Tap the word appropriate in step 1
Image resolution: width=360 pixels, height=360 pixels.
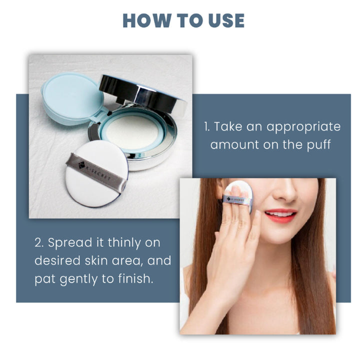(x=303, y=127)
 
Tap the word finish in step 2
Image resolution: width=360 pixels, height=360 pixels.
(x=135, y=278)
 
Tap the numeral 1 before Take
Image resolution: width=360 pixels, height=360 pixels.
(x=206, y=126)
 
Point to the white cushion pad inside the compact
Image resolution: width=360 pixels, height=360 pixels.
(x=132, y=132)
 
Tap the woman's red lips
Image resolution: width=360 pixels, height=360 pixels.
(x=280, y=215)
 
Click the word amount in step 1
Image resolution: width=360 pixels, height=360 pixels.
(x=235, y=145)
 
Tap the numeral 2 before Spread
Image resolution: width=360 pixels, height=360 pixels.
(x=39, y=243)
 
